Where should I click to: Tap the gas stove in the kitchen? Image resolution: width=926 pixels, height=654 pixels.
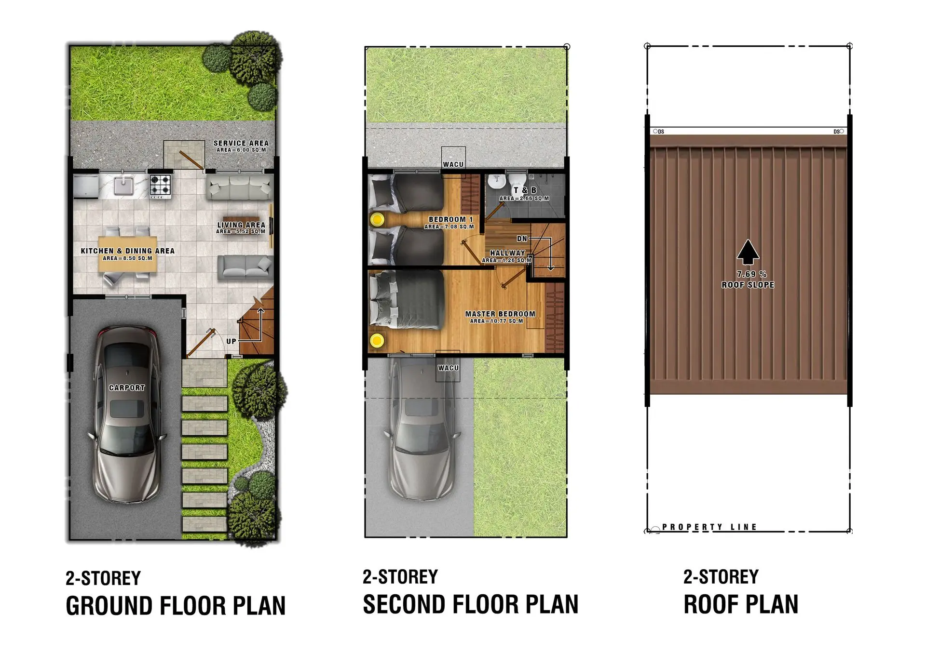pyautogui.click(x=160, y=187)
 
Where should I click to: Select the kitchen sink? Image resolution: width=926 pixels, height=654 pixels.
pyautogui.click(x=124, y=186)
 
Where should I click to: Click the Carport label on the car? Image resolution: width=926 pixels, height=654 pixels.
pyautogui.click(x=127, y=387)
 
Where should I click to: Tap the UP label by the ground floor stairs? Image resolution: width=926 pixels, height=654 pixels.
pyautogui.click(x=231, y=341)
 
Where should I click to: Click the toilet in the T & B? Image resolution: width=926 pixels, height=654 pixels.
pyautogui.click(x=496, y=182)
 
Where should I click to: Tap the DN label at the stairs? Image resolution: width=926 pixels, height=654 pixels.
pyautogui.click(x=522, y=239)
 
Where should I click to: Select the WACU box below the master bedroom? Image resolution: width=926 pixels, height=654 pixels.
pyautogui.click(x=448, y=366)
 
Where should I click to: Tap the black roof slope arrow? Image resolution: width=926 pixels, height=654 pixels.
pyautogui.click(x=748, y=252)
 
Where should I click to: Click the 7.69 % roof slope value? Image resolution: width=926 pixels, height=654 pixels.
pyautogui.click(x=751, y=274)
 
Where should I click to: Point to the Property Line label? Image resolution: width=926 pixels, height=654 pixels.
pyautogui.click(x=709, y=527)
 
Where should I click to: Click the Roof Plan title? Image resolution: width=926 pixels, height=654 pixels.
pyautogui.click(x=741, y=604)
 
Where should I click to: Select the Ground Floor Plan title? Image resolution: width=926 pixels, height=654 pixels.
pyautogui.click(x=176, y=606)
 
